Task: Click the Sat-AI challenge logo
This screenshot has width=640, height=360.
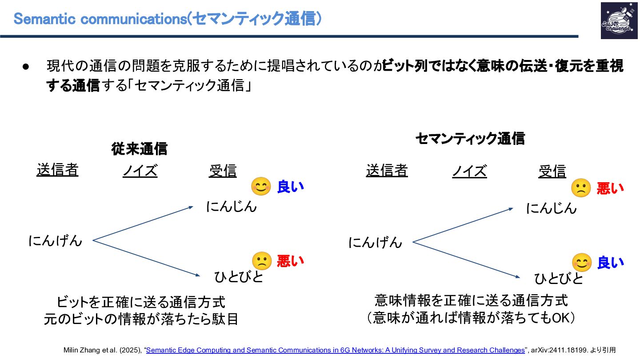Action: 619,20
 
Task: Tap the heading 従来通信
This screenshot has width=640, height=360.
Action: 139,149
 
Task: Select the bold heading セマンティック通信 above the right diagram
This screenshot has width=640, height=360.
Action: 470,139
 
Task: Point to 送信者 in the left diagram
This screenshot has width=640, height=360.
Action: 57,170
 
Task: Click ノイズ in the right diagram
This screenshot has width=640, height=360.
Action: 469,171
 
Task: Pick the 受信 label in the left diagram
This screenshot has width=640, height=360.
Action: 223,171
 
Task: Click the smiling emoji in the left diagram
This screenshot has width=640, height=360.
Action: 261,187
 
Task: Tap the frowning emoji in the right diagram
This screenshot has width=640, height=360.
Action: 581,188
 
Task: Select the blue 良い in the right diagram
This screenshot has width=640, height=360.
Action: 610,262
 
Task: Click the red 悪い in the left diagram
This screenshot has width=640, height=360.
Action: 290,260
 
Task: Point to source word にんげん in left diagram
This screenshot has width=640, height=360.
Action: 56,240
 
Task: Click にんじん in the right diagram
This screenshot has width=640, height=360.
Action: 551,208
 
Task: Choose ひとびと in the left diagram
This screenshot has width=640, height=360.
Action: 239,276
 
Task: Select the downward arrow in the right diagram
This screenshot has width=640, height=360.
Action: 467,260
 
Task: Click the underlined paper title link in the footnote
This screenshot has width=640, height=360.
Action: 335,350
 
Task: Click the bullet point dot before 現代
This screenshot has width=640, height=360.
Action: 25,67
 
